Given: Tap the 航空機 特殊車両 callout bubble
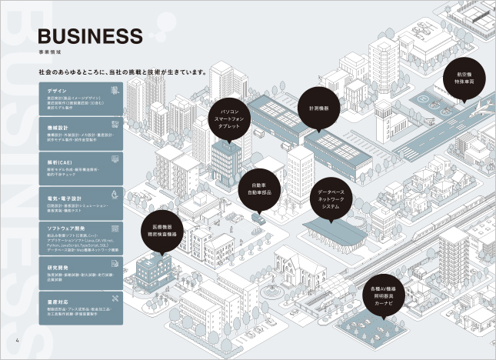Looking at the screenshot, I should click(463, 75).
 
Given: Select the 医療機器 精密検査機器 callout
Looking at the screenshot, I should click(162, 232).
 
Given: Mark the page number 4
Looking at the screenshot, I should click(16, 342).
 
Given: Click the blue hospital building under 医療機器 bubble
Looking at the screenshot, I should click(155, 268).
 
